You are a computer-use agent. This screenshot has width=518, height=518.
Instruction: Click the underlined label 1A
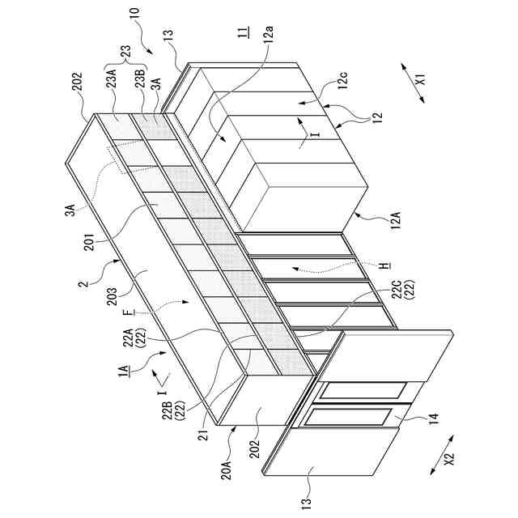(121, 372)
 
